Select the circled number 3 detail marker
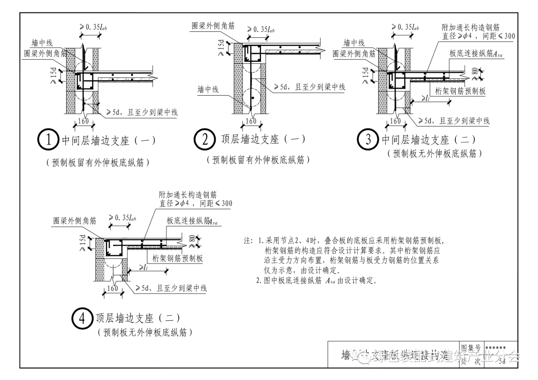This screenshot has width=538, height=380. (369, 139)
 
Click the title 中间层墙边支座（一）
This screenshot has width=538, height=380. (109, 140)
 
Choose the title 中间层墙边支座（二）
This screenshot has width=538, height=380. (429, 140)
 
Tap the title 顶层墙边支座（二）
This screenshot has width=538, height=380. (138, 318)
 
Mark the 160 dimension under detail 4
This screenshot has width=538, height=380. (113, 288)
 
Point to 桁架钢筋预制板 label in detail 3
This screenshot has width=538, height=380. (460, 91)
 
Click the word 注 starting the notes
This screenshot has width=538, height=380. (248, 241)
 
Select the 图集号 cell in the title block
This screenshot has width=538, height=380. (470, 347)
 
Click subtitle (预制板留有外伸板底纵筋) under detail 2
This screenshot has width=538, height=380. (259, 159)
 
